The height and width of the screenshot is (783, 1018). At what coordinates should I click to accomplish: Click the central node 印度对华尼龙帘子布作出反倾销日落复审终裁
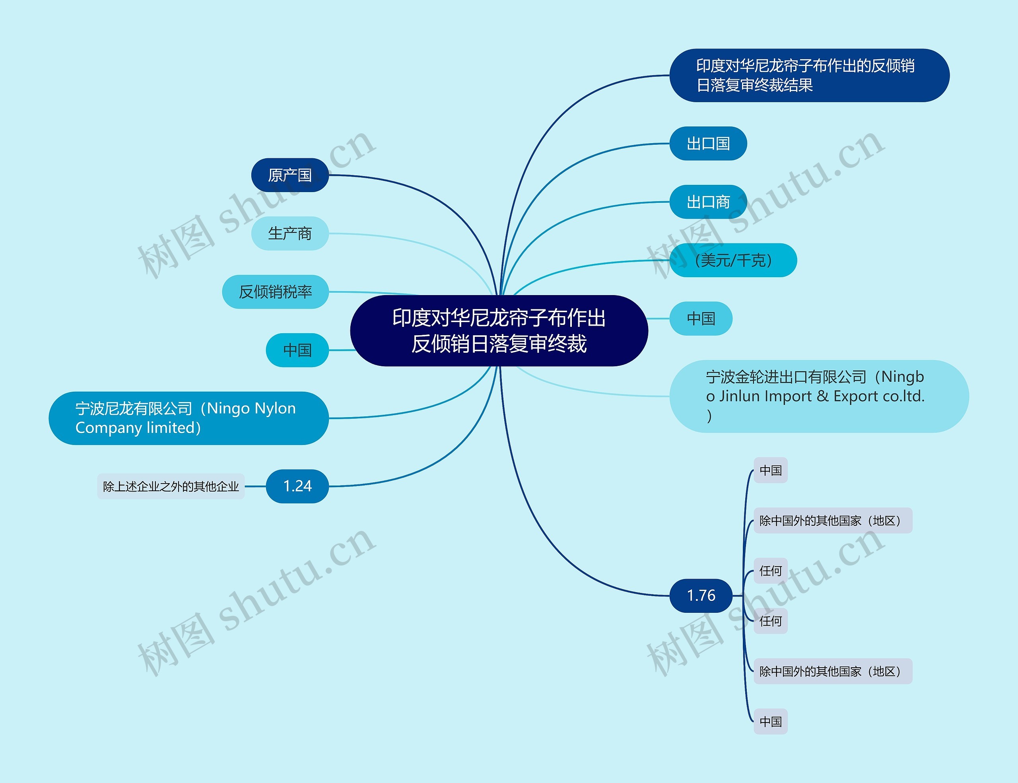pos(499,330)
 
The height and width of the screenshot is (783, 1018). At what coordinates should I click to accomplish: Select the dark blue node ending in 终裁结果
pos(809,76)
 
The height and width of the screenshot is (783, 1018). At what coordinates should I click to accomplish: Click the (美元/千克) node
pos(733,260)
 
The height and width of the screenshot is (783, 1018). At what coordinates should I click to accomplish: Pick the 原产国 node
pos(289,175)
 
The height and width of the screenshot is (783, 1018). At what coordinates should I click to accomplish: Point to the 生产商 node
pos(289,233)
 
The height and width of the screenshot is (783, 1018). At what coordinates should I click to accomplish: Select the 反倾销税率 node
pos(275,292)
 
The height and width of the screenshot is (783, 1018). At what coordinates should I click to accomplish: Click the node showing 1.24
pos(297,486)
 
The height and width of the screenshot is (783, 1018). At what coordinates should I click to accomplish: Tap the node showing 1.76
pos(701,595)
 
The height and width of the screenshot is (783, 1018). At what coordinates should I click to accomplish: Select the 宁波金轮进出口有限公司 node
pos(818,396)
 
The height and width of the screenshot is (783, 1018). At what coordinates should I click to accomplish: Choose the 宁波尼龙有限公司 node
pos(188,418)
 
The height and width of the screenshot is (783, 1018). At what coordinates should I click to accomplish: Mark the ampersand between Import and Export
pos(822,396)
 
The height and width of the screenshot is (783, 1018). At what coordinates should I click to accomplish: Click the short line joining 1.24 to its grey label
pos(255,486)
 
